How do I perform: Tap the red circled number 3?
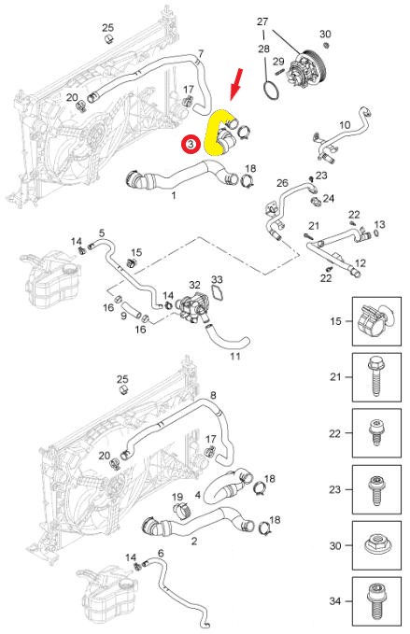(x=190, y=145)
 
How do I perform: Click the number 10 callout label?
(x=344, y=124)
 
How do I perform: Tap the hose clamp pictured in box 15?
(x=376, y=323)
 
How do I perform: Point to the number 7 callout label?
(x=201, y=52)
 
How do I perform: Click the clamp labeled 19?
(x=181, y=510)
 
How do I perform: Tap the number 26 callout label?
(x=282, y=184)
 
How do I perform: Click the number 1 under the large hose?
(x=173, y=196)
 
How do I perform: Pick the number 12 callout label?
(x=361, y=263)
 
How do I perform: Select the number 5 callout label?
(x=101, y=232)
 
